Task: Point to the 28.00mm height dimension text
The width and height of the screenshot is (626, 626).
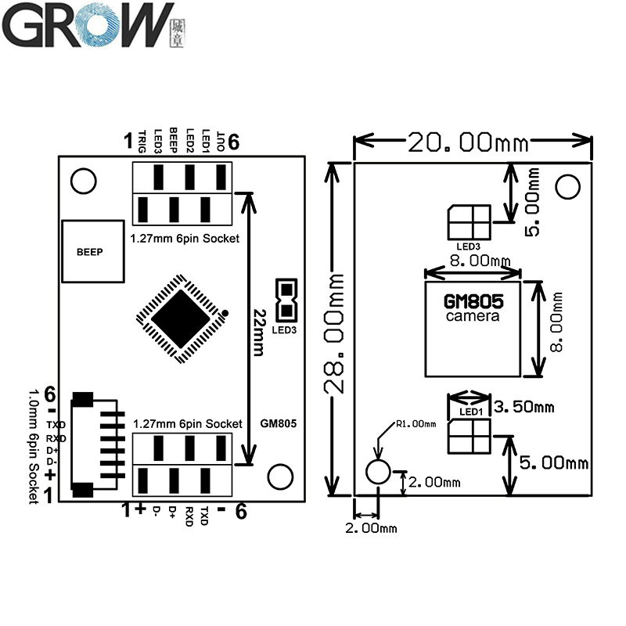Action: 336,333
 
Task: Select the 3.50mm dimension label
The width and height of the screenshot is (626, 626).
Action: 526,406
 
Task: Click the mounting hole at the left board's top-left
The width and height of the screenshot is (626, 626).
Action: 81,181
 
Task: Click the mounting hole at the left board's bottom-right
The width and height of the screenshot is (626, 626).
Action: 279,475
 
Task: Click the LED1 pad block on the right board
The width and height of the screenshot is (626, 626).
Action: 469,436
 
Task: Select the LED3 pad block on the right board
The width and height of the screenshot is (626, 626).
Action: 469,221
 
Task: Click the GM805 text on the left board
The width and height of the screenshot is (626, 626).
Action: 279,423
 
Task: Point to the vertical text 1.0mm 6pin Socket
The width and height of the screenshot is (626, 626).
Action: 32,445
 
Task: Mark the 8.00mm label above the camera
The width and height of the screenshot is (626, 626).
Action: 473,261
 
